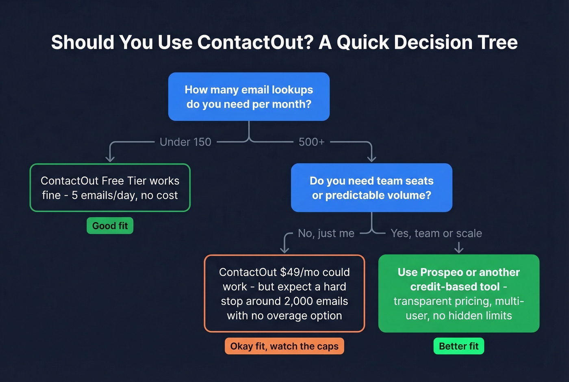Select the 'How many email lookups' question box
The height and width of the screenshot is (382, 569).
(x=249, y=97)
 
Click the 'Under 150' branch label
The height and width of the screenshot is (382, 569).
(x=185, y=142)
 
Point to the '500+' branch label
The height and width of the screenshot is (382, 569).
(x=311, y=142)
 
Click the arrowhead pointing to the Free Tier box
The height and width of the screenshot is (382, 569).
(x=110, y=159)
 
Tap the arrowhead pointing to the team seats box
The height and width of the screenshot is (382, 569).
(x=371, y=159)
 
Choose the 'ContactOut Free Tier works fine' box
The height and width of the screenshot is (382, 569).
(x=110, y=188)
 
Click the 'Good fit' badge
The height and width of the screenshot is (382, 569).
(x=110, y=226)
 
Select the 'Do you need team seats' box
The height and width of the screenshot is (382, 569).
(x=371, y=188)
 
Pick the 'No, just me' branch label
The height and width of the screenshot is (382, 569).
(x=326, y=233)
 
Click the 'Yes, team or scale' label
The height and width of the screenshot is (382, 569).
(x=436, y=233)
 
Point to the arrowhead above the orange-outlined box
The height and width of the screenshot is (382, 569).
(x=284, y=250)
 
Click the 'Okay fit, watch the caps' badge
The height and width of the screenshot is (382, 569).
(x=284, y=346)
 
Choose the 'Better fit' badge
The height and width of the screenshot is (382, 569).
(x=458, y=346)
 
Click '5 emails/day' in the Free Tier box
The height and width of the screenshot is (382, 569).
(x=103, y=195)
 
